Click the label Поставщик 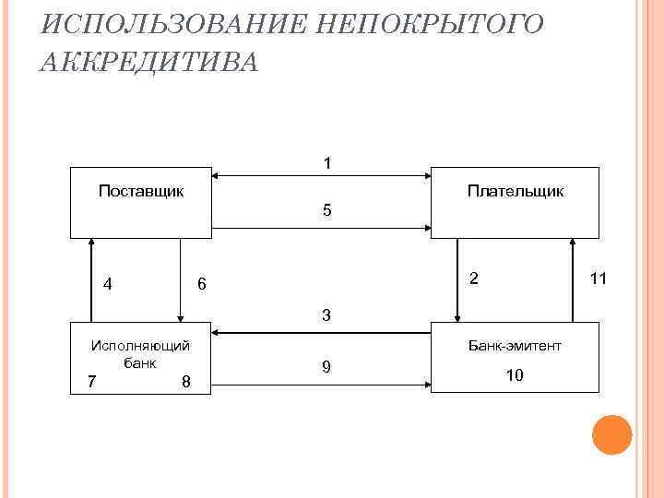tap(141, 191)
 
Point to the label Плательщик tap(515, 191)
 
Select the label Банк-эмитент tap(515, 346)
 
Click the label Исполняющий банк tap(139, 354)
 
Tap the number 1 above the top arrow tap(327, 163)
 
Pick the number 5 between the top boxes tap(327, 210)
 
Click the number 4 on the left tap(109, 284)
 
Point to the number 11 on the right tap(598, 278)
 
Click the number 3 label tap(327, 315)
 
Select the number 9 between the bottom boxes tap(326, 367)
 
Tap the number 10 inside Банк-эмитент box tap(515, 375)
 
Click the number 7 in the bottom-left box tap(90, 381)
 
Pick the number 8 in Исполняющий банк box tap(185, 381)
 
